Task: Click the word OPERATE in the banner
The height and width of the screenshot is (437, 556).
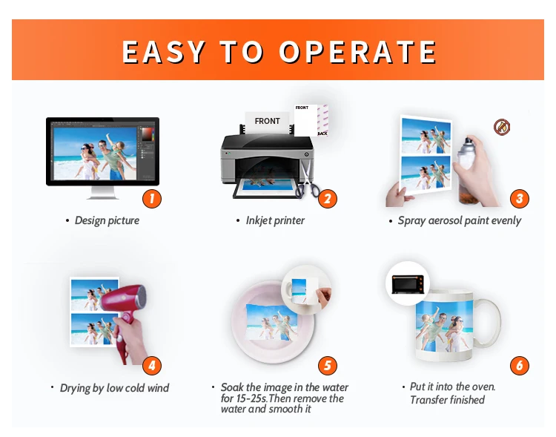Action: (357, 52)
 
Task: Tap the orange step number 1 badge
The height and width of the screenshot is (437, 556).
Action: (152, 198)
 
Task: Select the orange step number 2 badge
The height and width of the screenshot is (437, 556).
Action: (327, 198)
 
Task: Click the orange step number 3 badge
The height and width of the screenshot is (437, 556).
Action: (520, 198)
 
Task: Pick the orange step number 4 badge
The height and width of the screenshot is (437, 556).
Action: (152, 365)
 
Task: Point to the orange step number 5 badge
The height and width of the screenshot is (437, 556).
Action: (327, 365)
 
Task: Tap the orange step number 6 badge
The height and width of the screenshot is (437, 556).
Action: (520, 365)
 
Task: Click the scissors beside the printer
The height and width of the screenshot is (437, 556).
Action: (307, 180)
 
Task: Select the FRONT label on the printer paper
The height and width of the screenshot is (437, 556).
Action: (268, 121)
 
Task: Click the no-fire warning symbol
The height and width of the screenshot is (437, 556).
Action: (502, 127)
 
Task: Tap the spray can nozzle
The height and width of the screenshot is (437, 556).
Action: (469, 142)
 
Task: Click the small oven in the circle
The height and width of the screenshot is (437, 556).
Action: (408, 284)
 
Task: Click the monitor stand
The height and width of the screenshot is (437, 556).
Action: (102, 193)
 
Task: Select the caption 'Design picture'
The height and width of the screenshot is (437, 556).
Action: (107, 220)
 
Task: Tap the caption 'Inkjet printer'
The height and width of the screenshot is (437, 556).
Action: (275, 220)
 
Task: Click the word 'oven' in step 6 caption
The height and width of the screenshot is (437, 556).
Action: (484, 387)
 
